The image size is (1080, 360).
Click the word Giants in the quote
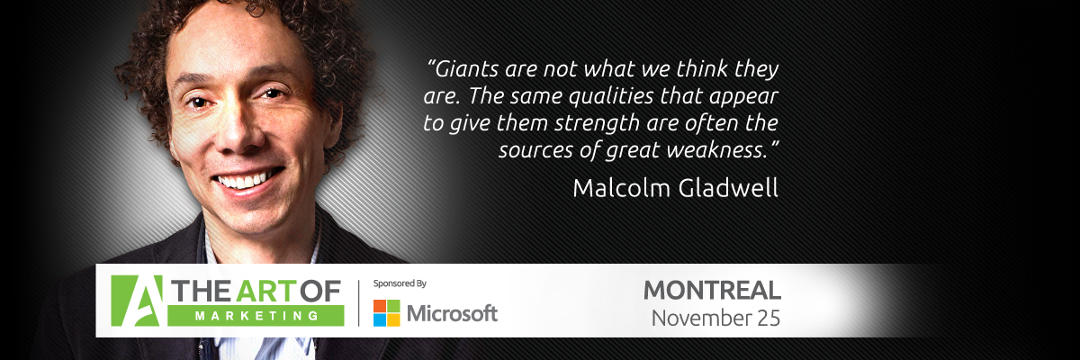point(467,69)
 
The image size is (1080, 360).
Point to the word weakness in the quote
point(716,150)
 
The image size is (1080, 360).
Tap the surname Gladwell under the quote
point(727,188)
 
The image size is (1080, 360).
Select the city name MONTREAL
point(712,291)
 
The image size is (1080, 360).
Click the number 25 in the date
point(768,319)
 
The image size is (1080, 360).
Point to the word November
point(701,319)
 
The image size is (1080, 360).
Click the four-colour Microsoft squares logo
point(387,313)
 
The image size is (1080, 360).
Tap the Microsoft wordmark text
point(452,313)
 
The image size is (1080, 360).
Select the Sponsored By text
point(400,283)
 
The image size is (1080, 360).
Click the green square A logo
point(137,301)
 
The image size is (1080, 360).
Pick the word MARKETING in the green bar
point(256,316)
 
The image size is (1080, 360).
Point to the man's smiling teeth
point(247,180)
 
